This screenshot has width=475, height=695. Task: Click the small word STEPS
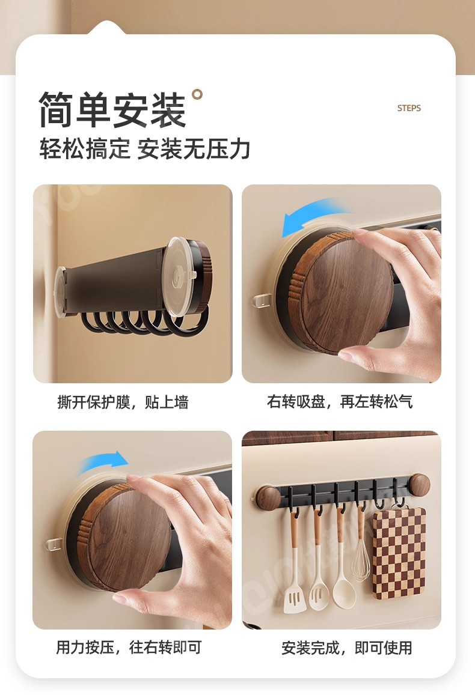pyautogui.click(x=409, y=108)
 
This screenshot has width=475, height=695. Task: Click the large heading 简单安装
pyautogui.click(x=112, y=110)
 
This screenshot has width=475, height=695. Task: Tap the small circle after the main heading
pyautogui.click(x=197, y=94)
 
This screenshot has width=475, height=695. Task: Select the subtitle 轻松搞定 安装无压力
pyautogui.click(x=145, y=149)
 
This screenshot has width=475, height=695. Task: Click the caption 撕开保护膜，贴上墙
pyautogui.click(x=123, y=402)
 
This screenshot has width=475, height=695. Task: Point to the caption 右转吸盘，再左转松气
pyautogui.click(x=340, y=402)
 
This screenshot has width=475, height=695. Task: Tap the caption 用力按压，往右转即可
pyautogui.click(x=129, y=648)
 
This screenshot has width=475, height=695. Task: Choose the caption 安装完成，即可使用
pyautogui.click(x=347, y=648)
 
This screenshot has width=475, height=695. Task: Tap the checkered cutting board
pyautogui.click(x=399, y=554)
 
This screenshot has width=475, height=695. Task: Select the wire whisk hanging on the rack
pyautogui.click(x=361, y=545)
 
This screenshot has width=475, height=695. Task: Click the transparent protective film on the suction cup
pyautogui.click(x=178, y=276)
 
